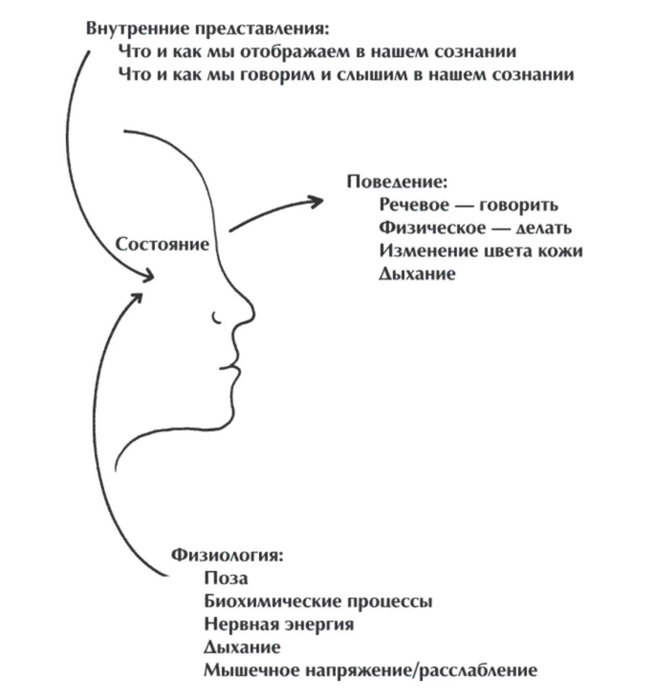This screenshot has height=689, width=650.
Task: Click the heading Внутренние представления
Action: tap(207, 29)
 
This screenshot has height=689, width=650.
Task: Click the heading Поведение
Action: tap(397, 182)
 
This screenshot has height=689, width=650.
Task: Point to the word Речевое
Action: tap(414, 205)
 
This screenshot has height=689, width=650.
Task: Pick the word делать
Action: tap(543, 228)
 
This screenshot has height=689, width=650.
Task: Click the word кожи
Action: tap(561, 251)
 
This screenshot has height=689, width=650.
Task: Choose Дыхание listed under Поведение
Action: tap(417, 274)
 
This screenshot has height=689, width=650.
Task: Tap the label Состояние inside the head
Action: tap(162, 244)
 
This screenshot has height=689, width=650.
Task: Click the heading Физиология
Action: tap(227, 555)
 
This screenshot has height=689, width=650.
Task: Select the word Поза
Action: tap(226, 578)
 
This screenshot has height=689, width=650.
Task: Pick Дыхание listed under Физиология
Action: tap(242, 647)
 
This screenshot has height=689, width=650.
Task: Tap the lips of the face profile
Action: tap(233, 367)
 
